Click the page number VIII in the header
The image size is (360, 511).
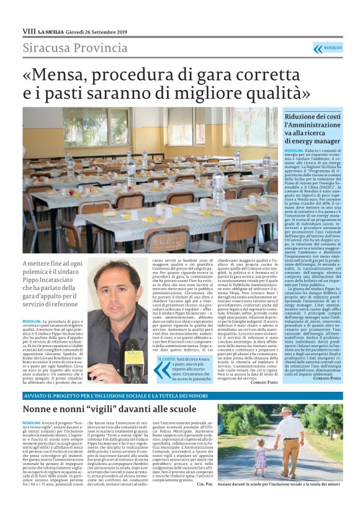pos(28,30)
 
